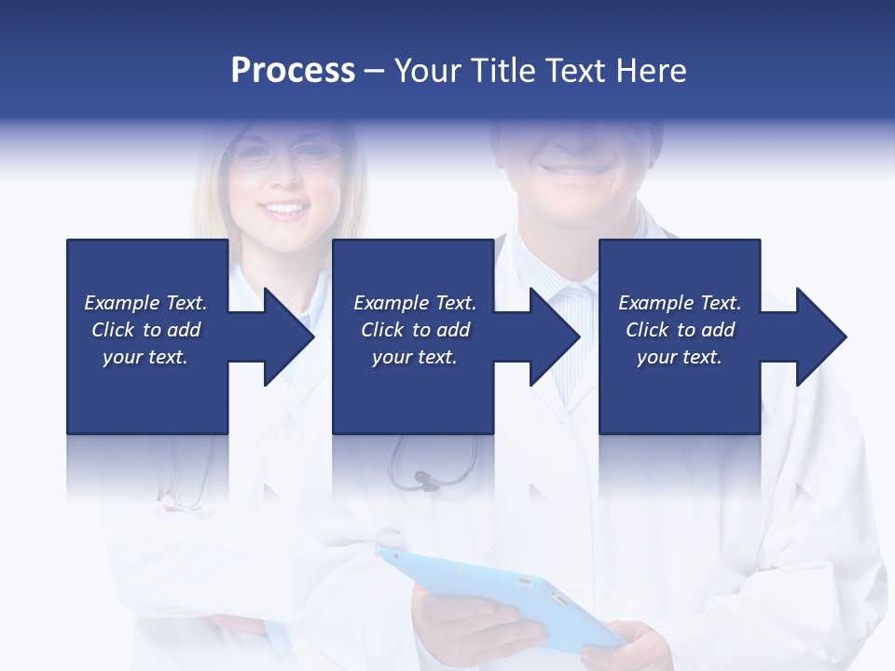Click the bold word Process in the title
pos(293,70)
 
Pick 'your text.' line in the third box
pos(679,357)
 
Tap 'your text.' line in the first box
pos(145,357)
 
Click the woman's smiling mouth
pos(284,209)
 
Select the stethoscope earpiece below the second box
pos(424,481)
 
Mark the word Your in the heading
pos(428,70)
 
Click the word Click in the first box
pos(114,330)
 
